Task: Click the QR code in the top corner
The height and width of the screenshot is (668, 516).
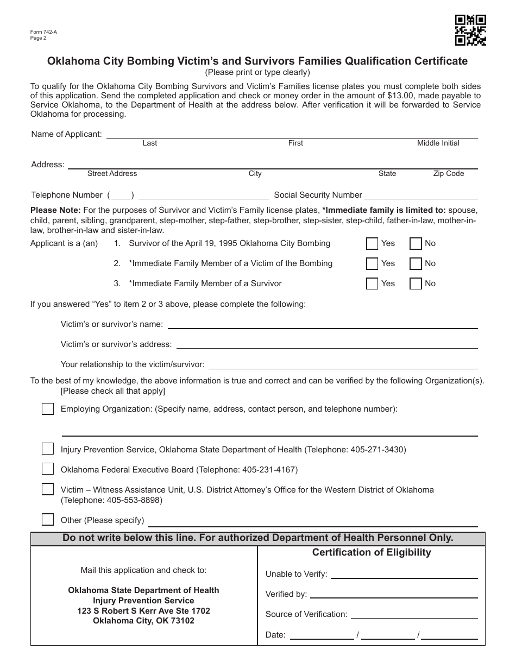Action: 470,30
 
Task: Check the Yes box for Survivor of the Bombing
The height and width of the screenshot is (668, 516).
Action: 372,243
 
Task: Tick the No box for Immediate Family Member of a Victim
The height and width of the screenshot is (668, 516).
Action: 416,263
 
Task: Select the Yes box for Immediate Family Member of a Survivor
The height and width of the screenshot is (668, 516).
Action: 372,283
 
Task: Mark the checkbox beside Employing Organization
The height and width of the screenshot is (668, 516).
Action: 48,409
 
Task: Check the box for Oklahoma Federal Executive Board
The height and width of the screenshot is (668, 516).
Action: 48,469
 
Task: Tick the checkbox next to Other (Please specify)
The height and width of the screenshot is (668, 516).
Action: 48,520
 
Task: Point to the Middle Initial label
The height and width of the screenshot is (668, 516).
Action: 438,143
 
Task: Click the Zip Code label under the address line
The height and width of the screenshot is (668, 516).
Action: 448,174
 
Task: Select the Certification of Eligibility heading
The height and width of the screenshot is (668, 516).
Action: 372,552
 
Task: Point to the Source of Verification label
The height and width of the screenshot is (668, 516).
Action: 306,614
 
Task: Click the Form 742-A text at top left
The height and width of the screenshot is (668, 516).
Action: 43,32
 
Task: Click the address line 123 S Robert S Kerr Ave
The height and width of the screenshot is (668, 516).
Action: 143,611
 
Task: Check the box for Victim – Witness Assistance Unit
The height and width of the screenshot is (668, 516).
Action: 48,489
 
